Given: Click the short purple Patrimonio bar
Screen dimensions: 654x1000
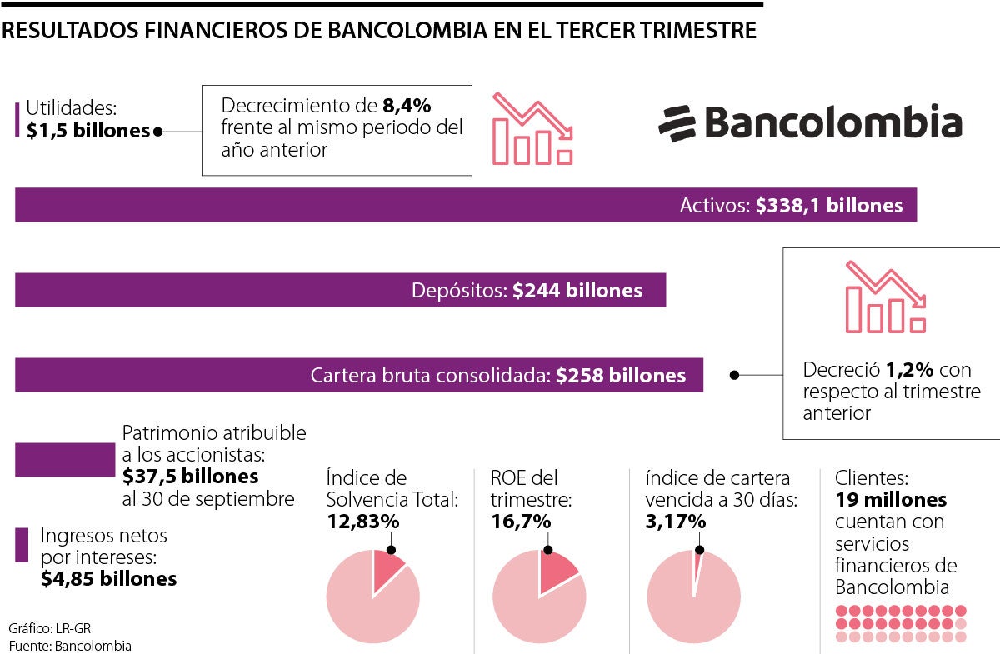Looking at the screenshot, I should coord(65,460).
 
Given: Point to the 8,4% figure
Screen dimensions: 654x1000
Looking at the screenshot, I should coord(407,106).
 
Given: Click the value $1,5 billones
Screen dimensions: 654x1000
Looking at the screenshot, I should coord(87,131).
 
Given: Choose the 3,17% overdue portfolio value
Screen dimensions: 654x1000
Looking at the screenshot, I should coord(676,522).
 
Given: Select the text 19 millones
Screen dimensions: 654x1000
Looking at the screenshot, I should coord(891,500).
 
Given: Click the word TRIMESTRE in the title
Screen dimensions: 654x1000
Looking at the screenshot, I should coord(701,31).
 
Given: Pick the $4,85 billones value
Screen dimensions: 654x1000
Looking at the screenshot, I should coord(108,578).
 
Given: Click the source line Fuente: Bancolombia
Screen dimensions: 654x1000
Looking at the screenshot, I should coord(70,646).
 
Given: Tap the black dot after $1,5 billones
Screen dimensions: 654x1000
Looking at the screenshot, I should coord(158,132).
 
